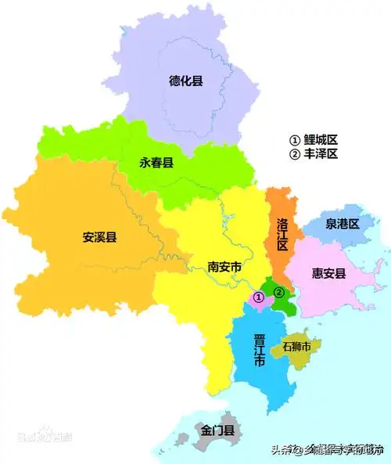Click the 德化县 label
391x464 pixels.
tap(186, 80)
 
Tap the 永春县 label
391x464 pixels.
tap(156, 162)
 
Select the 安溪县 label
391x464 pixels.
tap(99, 237)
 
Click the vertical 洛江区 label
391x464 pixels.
tap(282, 233)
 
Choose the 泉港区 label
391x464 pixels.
tap(343, 224)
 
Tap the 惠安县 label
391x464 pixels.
tap(328, 273)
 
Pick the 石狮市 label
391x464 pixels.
tap(296, 346)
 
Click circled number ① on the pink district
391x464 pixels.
tap(258, 297)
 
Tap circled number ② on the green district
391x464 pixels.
tap(279, 292)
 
